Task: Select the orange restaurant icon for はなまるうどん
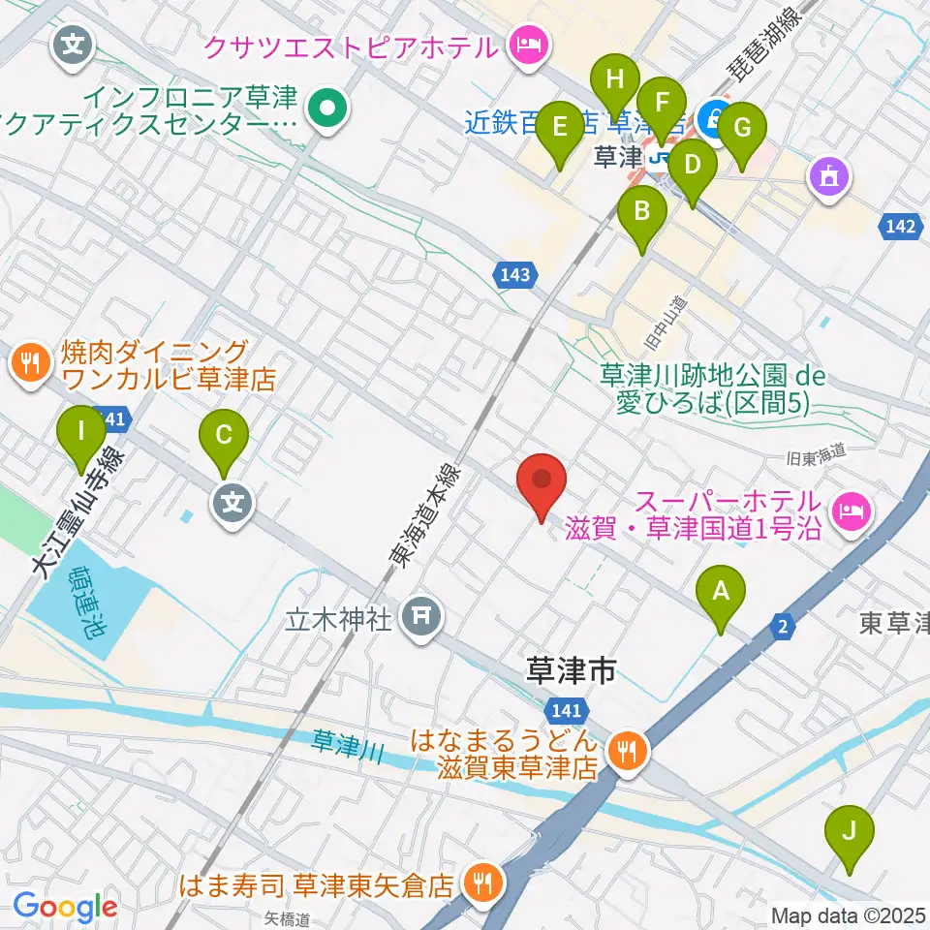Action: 628,747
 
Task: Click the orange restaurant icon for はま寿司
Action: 480,883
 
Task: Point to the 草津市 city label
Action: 571,670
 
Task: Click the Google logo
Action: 65,907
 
